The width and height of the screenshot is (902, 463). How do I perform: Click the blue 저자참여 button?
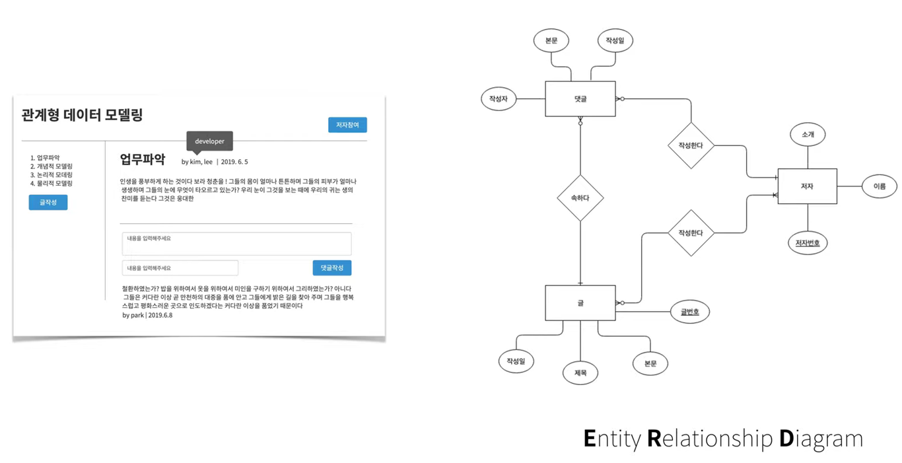pos(347,125)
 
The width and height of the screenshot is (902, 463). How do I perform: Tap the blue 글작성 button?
pos(48,203)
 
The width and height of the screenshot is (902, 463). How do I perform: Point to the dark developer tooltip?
pos(209,141)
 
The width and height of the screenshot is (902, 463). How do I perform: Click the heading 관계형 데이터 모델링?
pos(83,115)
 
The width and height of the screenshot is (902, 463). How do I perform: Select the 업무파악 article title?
pos(143,159)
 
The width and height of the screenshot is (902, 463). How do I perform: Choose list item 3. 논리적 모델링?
pos(52,175)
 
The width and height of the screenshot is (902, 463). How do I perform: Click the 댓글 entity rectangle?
pos(580,99)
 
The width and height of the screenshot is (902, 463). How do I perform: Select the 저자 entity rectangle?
pos(807,186)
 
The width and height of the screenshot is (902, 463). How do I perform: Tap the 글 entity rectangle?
pos(580,303)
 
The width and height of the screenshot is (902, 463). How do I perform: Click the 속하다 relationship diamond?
pos(580,197)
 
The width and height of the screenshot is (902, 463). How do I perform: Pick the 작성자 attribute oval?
pos(499,99)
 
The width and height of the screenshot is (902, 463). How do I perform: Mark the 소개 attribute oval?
pos(808,134)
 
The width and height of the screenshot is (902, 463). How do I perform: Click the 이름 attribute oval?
pos(879,186)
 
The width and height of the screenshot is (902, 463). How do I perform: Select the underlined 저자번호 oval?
pos(807,243)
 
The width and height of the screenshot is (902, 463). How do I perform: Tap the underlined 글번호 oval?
pos(690,312)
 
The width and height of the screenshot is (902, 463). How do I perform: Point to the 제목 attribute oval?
pos(580,373)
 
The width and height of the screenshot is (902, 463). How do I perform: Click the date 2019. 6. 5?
pos(234,162)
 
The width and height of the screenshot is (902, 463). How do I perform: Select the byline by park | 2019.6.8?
pos(147,315)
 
